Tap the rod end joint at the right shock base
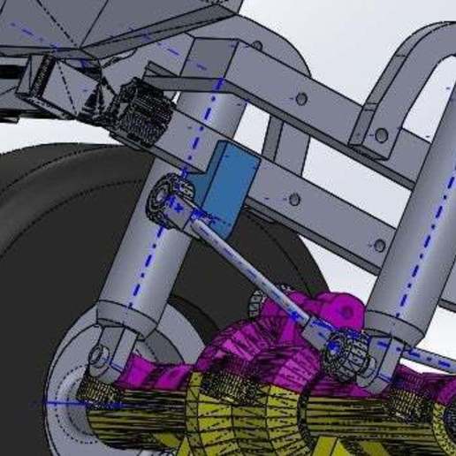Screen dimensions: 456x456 (x=344, y=351)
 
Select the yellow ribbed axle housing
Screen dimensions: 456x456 (x=265, y=415)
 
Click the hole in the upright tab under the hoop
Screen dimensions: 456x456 (x=380, y=136)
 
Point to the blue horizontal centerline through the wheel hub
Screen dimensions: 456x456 (x=62, y=402)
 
